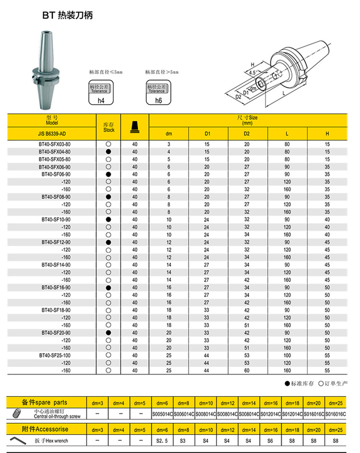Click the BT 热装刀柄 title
tap(67, 15)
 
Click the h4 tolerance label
tap(100, 100)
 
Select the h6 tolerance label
tap(158, 100)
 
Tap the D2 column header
tap(247, 134)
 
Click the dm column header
tap(168, 134)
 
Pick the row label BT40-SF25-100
tap(55, 355)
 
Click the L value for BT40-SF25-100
tap(287, 355)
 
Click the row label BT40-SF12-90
tap(56, 242)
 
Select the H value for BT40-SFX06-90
tap(327, 167)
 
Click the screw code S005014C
tap(162, 414)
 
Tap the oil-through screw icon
tap(17, 413)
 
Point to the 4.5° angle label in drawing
tap(252, 72)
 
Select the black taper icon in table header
tap(134, 127)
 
